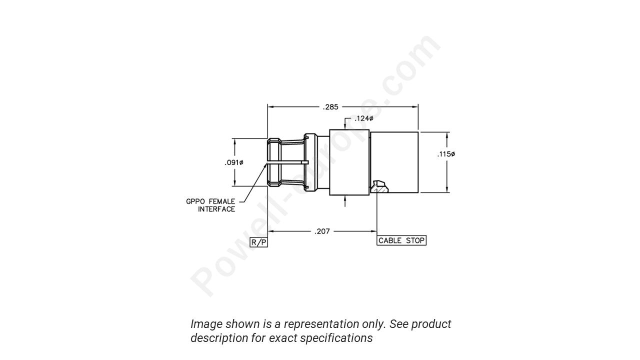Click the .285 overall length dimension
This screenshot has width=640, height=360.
click(330, 106)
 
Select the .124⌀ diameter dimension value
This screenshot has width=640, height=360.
click(363, 118)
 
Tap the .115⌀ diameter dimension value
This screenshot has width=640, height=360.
click(446, 154)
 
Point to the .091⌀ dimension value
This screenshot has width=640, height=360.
click(234, 162)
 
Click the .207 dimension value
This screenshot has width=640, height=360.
click(322, 231)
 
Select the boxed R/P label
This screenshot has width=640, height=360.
click(259, 242)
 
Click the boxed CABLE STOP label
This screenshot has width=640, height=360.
click(401, 240)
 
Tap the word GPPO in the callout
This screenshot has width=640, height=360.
click(195, 201)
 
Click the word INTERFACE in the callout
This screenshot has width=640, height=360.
click(216, 209)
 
